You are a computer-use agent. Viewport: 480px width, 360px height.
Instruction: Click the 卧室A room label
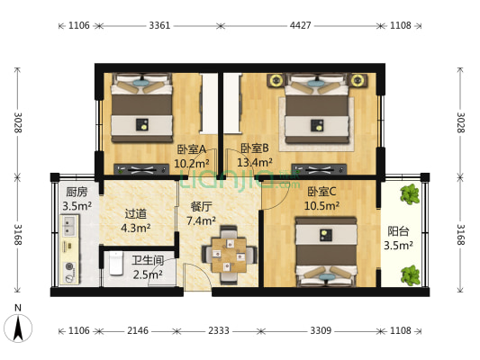[x=190, y=149]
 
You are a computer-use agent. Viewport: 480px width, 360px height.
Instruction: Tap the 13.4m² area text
[x=254, y=163]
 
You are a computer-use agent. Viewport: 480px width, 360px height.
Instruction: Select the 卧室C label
[x=322, y=192]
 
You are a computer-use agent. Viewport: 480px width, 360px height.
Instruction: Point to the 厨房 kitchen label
[x=77, y=192]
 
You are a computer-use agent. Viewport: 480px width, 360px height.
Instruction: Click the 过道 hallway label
[x=135, y=214]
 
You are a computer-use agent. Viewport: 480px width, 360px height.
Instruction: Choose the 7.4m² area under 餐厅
[x=200, y=220]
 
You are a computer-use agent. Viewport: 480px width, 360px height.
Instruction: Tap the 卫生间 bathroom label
[x=148, y=261]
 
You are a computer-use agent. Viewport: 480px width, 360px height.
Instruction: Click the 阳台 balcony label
[x=397, y=230]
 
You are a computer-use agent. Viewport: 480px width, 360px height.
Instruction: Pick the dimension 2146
[x=138, y=330]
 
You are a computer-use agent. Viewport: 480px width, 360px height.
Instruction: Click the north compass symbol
[x=18, y=326]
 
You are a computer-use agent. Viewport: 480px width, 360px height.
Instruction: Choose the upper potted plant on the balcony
[x=411, y=193]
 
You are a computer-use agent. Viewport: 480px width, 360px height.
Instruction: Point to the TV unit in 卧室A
[x=140, y=168]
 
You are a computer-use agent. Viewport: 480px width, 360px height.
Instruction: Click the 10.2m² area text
[x=190, y=163]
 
